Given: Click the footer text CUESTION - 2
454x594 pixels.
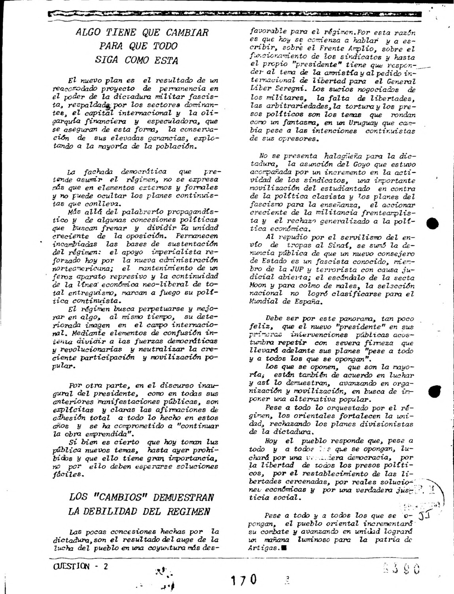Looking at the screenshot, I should [79, 566].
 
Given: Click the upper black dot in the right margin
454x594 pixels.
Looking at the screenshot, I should [433, 224].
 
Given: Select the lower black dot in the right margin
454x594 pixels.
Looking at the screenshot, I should [434, 392].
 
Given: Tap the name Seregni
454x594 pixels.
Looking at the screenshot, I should [294, 89].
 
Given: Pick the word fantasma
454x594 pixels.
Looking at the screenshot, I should [287, 123].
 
